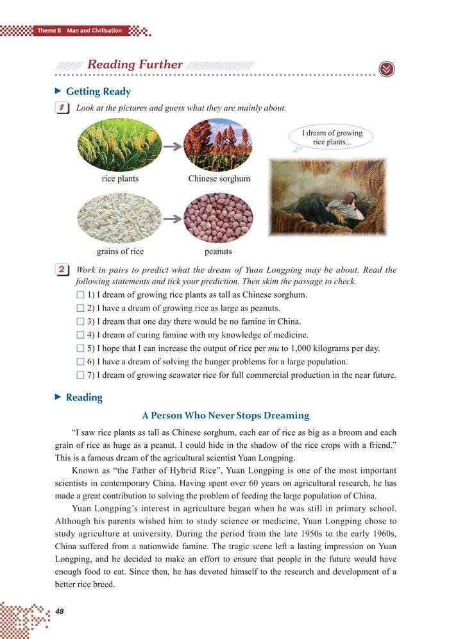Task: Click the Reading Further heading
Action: [x=135, y=65]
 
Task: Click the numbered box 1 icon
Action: [x=63, y=108]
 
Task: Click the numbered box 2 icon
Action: [x=63, y=271]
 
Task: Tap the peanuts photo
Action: [x=218, y=218]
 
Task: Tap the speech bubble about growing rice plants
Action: [x=331, y=138]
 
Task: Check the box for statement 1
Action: [x=80, y=295]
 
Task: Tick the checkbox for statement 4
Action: [x=80, y=336]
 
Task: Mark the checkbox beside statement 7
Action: [x=80, y=375]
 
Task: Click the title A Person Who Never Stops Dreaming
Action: [x=226, y=416]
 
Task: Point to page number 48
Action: [x=62, y=610]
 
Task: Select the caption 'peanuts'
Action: [x=218, y=251]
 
